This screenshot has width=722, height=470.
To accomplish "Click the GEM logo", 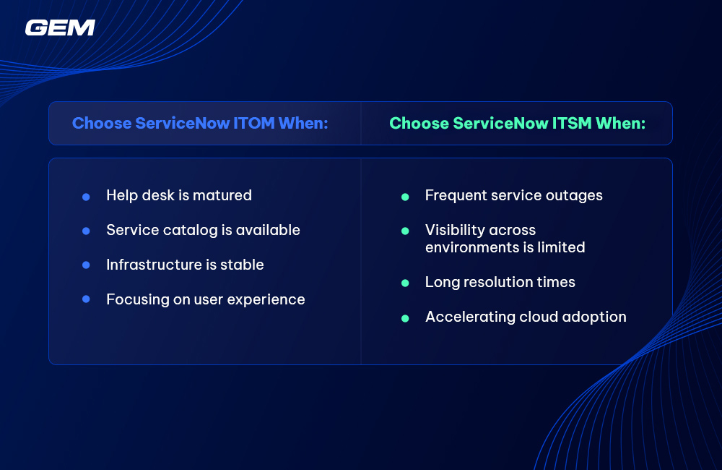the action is [60, 27].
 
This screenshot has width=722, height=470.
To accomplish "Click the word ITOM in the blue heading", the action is [253, 123].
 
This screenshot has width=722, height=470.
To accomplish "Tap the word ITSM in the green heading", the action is [571, 123].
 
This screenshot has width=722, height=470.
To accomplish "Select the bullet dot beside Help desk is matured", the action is [86, 197].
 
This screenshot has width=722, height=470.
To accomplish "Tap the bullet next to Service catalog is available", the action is [86, 231].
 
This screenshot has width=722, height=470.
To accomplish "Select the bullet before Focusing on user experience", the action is [86, 299].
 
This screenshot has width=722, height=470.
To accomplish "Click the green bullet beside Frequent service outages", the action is [405, 197].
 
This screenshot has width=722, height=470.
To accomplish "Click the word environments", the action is [472, 248].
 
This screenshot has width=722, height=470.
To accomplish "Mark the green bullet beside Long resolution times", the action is [405, 283].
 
